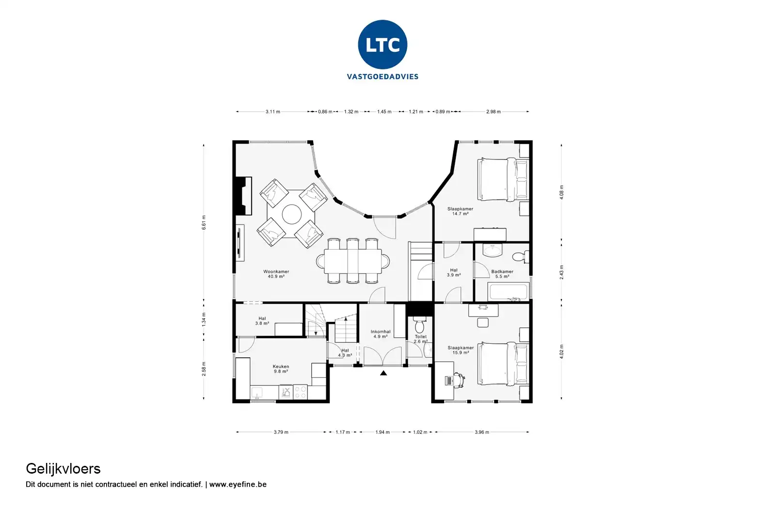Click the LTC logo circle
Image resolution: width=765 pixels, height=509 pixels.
tap(382, 45)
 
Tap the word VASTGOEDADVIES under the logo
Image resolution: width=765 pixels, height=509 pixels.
tap(382, 77)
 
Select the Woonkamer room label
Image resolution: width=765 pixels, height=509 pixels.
tap(276, 271)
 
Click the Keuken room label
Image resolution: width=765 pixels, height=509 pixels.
tap(281, 366)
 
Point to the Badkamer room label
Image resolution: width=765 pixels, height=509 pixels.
tap(502, 271)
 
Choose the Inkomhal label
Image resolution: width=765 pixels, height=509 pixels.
tap(381, 332)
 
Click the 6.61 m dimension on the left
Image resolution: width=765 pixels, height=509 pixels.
tap(204, 223)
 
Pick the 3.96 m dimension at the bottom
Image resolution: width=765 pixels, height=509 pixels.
tap(482, 432)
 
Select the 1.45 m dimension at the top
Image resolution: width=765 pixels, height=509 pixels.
tap(384, 111)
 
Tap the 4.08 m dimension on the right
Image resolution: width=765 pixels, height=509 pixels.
tap(561, 192)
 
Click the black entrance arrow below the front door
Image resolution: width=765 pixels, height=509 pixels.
tap(383, 373)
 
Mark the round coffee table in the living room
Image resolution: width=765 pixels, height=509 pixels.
tap(292, 215)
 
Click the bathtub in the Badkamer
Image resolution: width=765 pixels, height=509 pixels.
tap(508, 292)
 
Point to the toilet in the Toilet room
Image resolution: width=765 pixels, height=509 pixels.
tap(419, 325)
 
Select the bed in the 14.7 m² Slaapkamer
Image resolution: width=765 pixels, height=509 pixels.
tap(503, 180)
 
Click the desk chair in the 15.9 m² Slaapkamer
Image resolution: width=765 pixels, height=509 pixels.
tap(460, 380)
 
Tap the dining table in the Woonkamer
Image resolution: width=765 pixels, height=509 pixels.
tap(353, 261)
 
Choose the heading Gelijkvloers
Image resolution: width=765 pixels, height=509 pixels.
tap(63, 469)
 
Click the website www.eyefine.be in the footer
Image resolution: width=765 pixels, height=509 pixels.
tap(238, 484)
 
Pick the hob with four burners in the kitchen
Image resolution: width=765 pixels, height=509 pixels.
tap(300, 392)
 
